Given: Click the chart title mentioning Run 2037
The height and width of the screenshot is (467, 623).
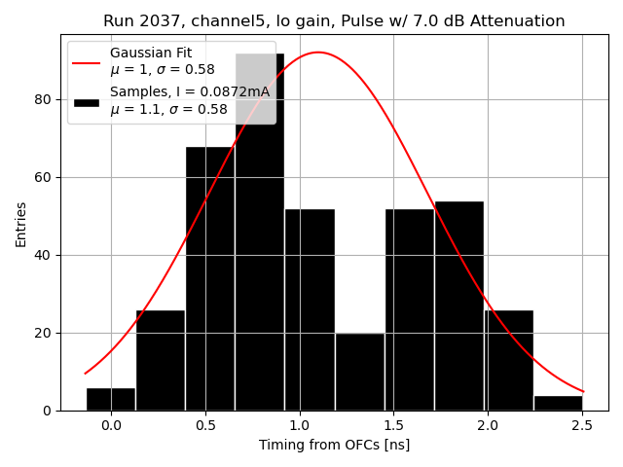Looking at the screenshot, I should pyautogui.click(x=334, y=21).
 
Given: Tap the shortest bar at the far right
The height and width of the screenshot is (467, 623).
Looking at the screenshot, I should pyautogui.click(x=558, y=403).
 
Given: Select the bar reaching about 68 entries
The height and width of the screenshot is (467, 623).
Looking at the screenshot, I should pyautogui.click(x=210, y=282).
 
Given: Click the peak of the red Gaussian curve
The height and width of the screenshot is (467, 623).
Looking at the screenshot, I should pyautogui.click(x=318, y=53).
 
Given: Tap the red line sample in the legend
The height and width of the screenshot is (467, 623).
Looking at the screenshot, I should pyautogui.click(x=86, y=60).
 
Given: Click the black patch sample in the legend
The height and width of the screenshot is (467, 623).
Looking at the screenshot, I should pyautogui.click(x=86, y=101).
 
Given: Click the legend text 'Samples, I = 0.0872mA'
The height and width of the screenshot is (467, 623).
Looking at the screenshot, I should pyautogui.click(x=190, y=91).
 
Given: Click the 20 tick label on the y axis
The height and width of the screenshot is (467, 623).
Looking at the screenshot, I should pyautogui.click(x=46, y=333).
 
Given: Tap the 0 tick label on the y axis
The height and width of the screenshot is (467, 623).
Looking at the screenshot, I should pyautogui.click(x=50, y=411).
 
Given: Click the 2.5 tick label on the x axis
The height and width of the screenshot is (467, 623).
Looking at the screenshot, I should pyautogui.click(x=582, y=426).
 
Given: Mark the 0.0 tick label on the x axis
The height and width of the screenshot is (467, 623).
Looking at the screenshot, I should pyautogui.click(x=111, y=426).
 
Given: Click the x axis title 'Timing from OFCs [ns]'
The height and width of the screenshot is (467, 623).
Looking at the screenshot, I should pyautogui.click(x=334, y=445).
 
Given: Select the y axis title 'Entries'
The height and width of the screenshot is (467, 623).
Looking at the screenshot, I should pyautogui.click(x=21, y=224).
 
